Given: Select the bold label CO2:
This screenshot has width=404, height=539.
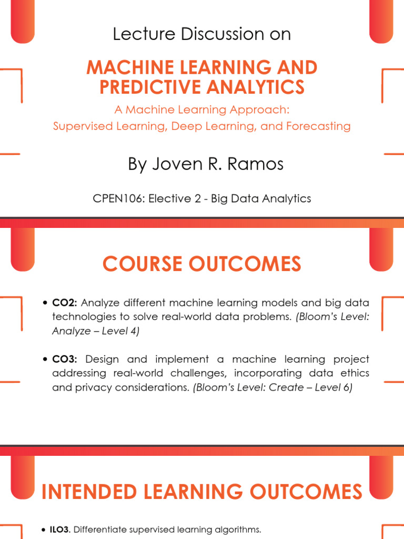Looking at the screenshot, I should (x=65, y=303).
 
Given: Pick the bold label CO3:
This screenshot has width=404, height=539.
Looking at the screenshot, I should (x=65, y=359).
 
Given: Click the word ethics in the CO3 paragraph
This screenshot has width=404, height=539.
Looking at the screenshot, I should (x=354, y=373).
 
